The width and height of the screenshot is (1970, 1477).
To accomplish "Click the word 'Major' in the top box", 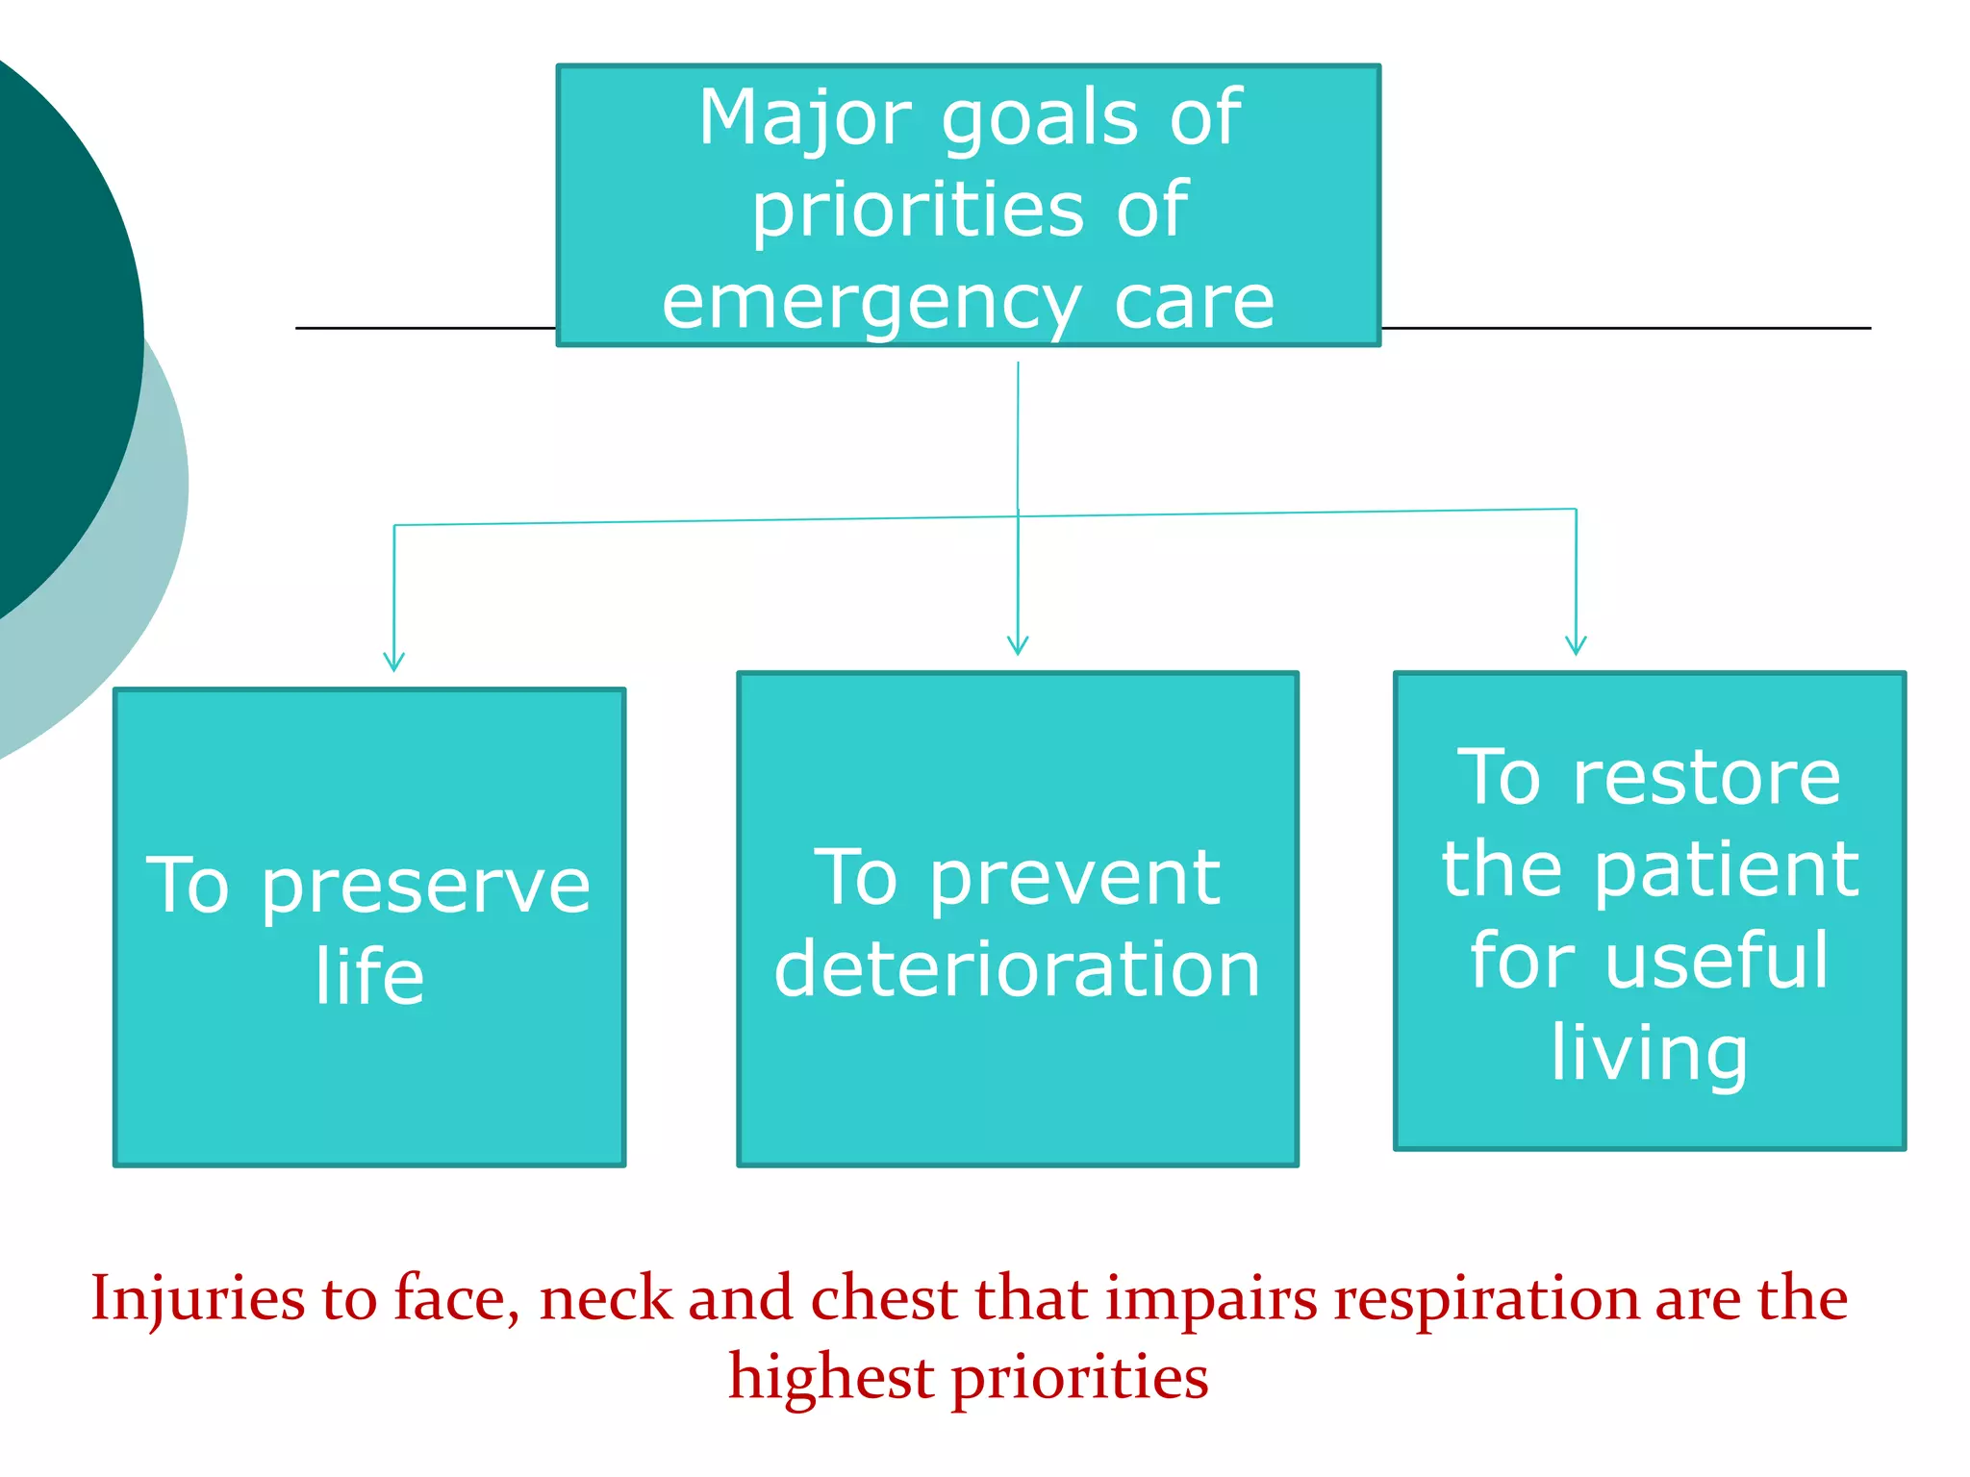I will pyautogui.click(x=804, y=118).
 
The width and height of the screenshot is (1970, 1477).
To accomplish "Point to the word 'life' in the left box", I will pyautogui.click(x=369, y=976).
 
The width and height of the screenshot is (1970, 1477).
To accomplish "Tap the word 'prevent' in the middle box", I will pyautogui.click(x=1074, y=879).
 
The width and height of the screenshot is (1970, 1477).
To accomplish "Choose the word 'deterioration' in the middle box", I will pyautogui.click(x=1017, y=969).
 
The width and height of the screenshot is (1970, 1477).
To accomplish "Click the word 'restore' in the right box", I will pyautogui.click(x=1706, y=778).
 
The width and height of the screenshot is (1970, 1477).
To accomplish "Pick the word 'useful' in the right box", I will pyautogui.click(x=1716, y=961).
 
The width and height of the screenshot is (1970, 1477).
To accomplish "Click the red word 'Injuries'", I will pyautogui.click(x=197, y=1300).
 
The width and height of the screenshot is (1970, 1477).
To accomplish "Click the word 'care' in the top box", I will pyautogui.click(x=1194, y=304).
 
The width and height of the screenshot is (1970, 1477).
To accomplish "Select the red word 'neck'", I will pyautogui.click(x=605, y=1299).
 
